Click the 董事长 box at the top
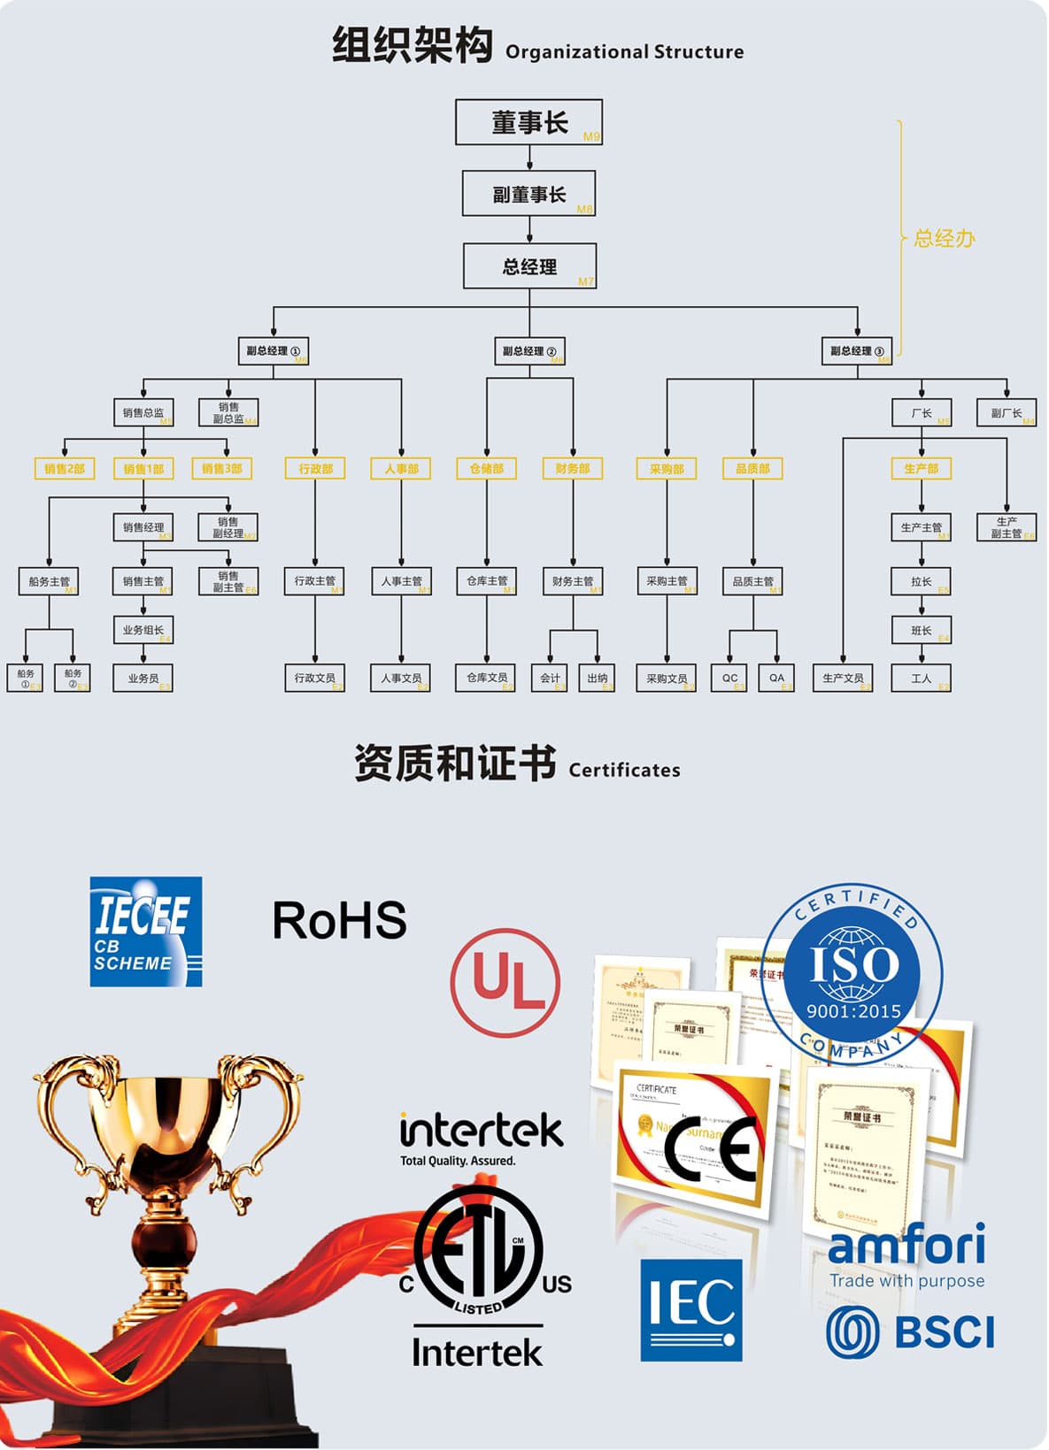528,122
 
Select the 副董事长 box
528,194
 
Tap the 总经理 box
529,266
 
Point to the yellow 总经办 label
944,238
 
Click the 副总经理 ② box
528,351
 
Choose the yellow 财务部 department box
572,468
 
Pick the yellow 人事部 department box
400,468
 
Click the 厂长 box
921,413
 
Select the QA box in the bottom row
776,678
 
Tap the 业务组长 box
143,630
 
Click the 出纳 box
597,678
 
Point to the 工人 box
921,678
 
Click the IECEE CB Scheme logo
146,932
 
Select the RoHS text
339,920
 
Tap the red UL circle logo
505,982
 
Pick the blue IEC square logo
690,1309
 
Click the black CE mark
713,1149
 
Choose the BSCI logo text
945,1332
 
